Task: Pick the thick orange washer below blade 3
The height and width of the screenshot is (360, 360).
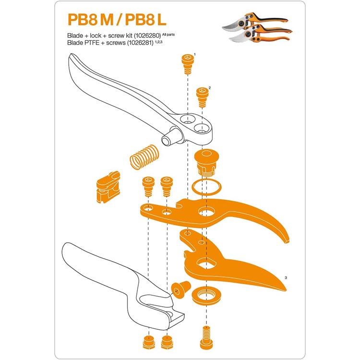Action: pyautogui.click(x=206, y=297)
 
